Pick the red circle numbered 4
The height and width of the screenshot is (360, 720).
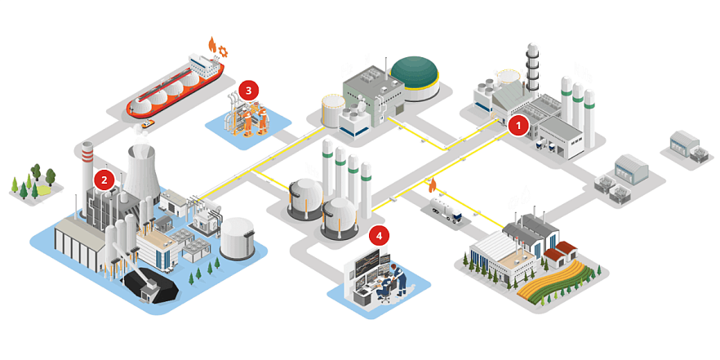click(378, 236)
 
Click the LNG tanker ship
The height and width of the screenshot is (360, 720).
click(176, 85)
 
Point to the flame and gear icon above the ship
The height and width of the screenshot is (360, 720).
click(216, 47)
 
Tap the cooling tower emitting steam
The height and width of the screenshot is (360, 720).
click(140, 171)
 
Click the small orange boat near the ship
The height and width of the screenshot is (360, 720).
click(147, 124)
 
